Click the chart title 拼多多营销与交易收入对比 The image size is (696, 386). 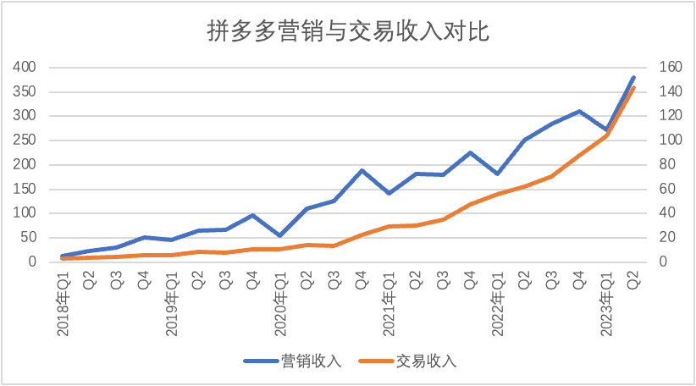click(348, 31)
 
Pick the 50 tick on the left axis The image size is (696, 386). click(28, 237)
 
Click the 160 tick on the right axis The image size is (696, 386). click(660, 67)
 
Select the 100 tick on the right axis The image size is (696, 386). click(660, 140)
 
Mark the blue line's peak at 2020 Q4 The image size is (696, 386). click(362, 170)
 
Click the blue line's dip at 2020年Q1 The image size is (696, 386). click(280, 235)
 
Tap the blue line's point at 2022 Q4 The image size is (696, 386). click(579, 111)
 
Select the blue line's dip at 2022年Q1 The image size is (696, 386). click(498, 174)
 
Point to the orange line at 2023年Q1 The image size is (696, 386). click(606, 135)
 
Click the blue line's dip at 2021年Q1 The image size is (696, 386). click(389, 194)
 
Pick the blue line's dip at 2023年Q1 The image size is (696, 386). click(606, 130)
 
